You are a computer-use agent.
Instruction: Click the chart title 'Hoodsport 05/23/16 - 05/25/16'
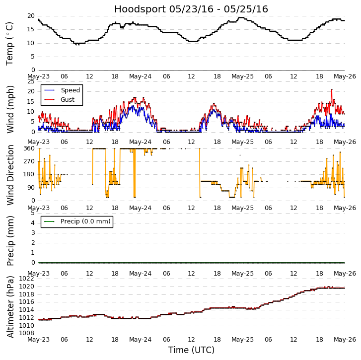(191, 9)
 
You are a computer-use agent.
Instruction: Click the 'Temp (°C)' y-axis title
(10, 43)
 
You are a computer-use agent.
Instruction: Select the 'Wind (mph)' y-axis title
(10, 109)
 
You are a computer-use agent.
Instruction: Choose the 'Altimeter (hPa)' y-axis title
(10, 306)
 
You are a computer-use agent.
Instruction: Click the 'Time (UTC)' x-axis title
(191, 350)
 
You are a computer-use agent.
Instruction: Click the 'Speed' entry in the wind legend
(70, 90)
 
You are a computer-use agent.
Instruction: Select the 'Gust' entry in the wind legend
(68, 99)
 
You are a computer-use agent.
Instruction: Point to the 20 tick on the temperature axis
(31, 16)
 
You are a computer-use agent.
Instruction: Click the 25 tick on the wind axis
(31, 81)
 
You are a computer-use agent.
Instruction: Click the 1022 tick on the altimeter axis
(27, 279)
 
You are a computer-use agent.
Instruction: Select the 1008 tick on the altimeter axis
(27, 333)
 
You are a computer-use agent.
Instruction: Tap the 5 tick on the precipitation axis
(33, 213)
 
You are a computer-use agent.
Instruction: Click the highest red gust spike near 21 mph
(332, 90)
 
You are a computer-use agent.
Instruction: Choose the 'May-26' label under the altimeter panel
(345, 340)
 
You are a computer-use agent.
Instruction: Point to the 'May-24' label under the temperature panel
(141, 77)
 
